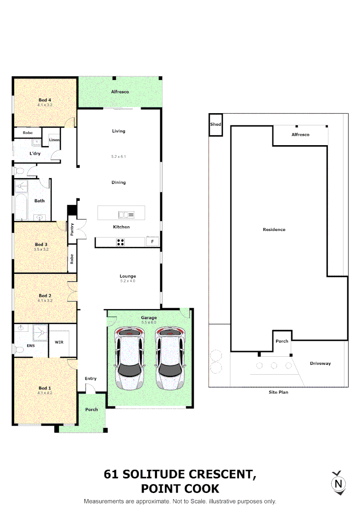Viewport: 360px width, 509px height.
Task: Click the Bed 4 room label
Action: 45,100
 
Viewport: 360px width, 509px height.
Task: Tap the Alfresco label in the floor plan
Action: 120,91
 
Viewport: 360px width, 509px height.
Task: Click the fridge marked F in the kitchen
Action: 152,242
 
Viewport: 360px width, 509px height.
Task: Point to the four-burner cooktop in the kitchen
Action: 121,242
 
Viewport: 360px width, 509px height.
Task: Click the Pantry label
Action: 72,230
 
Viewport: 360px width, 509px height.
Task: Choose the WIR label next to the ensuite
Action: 59,342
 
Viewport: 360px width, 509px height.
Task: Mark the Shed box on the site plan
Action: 215,125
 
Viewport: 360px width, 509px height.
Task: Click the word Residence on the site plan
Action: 274,230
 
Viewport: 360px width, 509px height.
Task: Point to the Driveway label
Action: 320,363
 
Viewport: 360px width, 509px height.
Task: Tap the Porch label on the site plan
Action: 282,341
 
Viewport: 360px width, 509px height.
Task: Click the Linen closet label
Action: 54,140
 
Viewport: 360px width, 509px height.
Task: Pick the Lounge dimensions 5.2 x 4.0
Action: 128,281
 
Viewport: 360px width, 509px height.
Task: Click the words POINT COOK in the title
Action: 180,489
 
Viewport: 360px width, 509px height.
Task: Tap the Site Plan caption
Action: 278,392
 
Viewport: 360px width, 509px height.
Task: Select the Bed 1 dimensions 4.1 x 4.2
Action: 45,393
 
